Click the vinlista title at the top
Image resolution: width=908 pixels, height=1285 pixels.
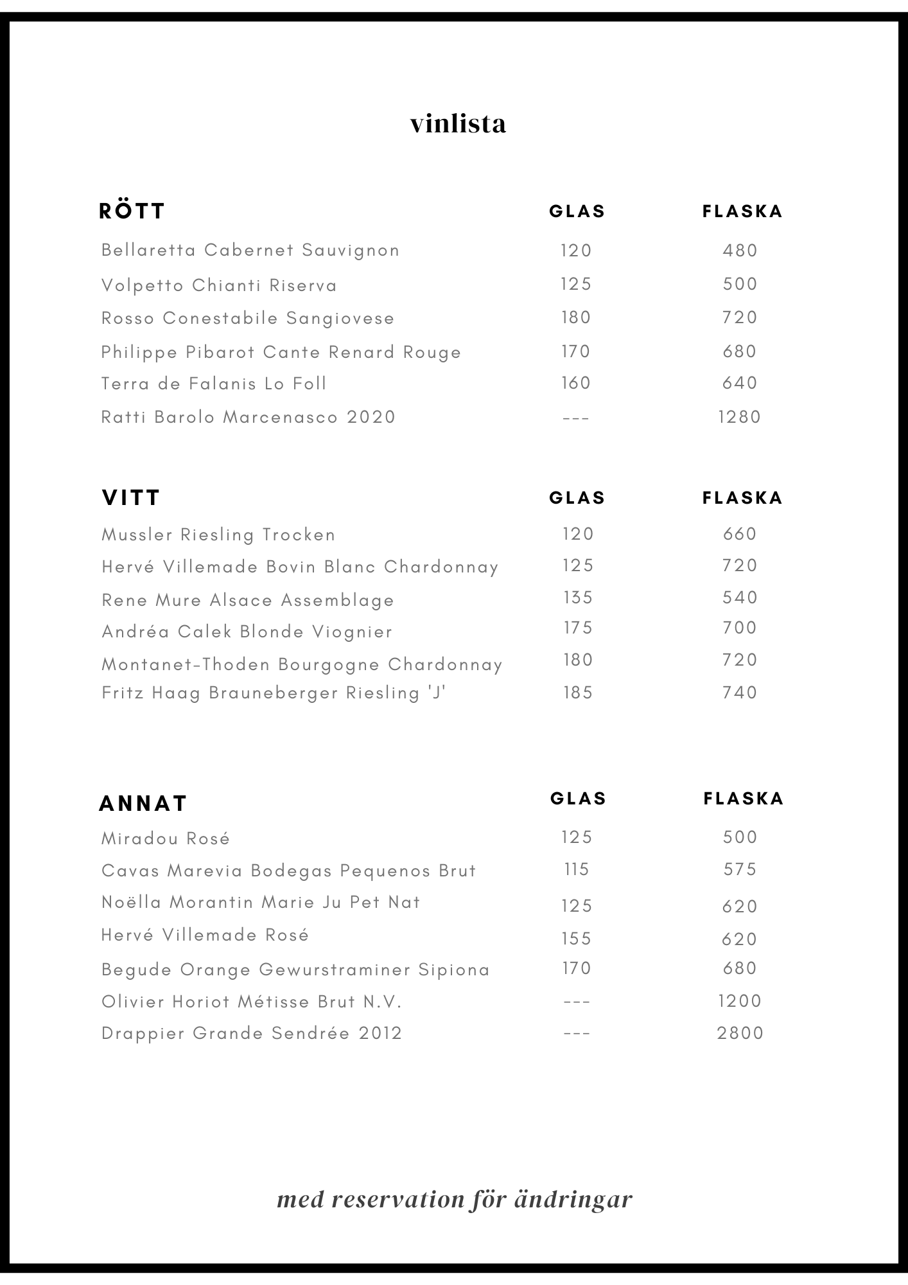click(458, 123)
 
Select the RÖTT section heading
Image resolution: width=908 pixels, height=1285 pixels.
click(132, 211)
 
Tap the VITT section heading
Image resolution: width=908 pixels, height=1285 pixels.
click(131, 497)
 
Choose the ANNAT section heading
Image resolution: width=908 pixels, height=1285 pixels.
click(143, 803)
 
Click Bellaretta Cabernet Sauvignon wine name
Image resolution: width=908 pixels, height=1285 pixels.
click(250, 250)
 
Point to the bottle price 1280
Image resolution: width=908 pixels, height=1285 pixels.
click(740, 417)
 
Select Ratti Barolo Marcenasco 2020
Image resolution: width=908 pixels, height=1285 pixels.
click(249, 417)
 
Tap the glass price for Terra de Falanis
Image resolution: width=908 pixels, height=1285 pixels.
click(575, 383)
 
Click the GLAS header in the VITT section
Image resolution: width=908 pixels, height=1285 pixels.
click(577, 498)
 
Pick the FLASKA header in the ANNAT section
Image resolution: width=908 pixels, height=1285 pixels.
click(744, 798)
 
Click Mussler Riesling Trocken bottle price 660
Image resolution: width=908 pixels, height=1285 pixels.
click(740, 534)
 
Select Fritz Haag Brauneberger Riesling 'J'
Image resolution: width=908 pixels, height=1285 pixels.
click(274, 693)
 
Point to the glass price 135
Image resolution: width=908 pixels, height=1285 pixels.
click(578, 598)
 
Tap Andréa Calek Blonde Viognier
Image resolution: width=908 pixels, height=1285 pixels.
click(247, 632)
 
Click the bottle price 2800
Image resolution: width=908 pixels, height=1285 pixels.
click(740, 1033)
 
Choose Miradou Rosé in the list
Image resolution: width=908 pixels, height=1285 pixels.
click(166, 838)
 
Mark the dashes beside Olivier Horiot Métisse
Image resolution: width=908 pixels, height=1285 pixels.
click(576, 1002)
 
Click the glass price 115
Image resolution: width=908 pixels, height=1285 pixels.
click(577, 869)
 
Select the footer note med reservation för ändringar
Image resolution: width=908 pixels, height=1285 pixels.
click(455, 1200)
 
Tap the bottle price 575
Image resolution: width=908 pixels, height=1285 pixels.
click(740, 869)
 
